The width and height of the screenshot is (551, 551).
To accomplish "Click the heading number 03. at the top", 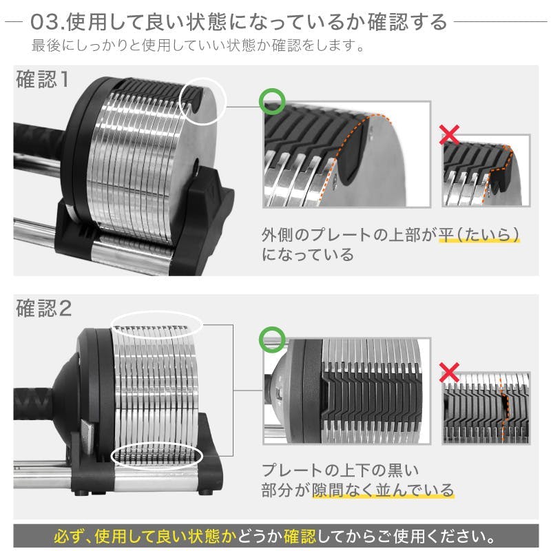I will point(49,22).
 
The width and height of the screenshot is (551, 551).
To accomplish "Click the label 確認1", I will point(43,79).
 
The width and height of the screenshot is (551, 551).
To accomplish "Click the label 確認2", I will point(43,309).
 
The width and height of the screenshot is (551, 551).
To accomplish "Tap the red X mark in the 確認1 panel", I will point(449,135).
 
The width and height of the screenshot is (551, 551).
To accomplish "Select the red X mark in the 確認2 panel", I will point(449,373).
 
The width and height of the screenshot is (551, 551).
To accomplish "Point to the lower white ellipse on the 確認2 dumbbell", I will point(157,455).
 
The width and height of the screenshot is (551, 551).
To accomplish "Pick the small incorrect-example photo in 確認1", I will point(486,172).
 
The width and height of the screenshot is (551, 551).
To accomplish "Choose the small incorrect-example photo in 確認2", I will point(486,406).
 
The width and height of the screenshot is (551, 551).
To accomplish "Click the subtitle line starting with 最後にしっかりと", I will point(198,48).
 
